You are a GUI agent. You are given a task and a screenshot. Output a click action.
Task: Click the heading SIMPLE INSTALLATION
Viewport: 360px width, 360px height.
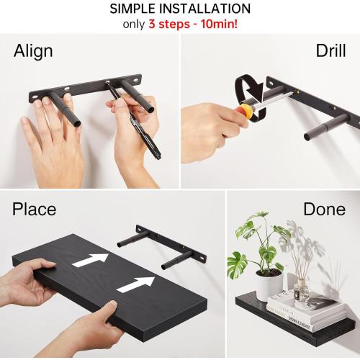(x=180, y=9)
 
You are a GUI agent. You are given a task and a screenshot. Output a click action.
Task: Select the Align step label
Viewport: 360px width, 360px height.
(x=33, y=52)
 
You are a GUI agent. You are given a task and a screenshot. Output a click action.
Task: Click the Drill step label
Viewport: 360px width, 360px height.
(x=330, y=52)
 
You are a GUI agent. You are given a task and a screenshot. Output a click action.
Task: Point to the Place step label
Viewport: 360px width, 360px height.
(x=34, y=210)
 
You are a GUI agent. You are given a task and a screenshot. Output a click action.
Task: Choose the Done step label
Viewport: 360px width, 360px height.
(x=324, y=210)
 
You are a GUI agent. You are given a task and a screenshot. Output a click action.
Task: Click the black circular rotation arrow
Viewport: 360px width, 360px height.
(x=248, y=91)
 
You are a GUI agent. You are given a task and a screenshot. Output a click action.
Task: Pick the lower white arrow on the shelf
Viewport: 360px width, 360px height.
(x=135, y=284)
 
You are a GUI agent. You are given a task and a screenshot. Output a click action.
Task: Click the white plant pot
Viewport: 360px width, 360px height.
(x=269, y=284)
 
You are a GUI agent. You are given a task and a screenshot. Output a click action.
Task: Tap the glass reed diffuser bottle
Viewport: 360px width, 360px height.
(x=302, y=291)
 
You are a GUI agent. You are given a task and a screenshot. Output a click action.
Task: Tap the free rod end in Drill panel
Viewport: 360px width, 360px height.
(x=311, y=135)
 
